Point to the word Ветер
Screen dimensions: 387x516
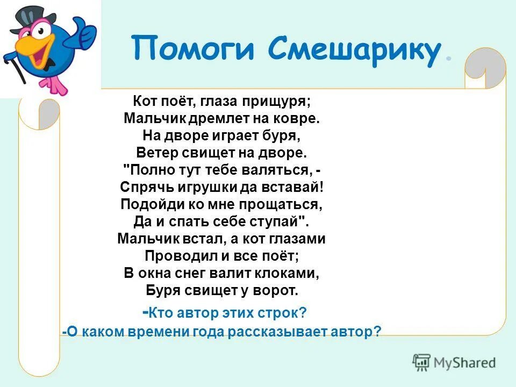[x=156, y=153]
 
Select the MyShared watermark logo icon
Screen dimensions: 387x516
[x=422, y=362]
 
